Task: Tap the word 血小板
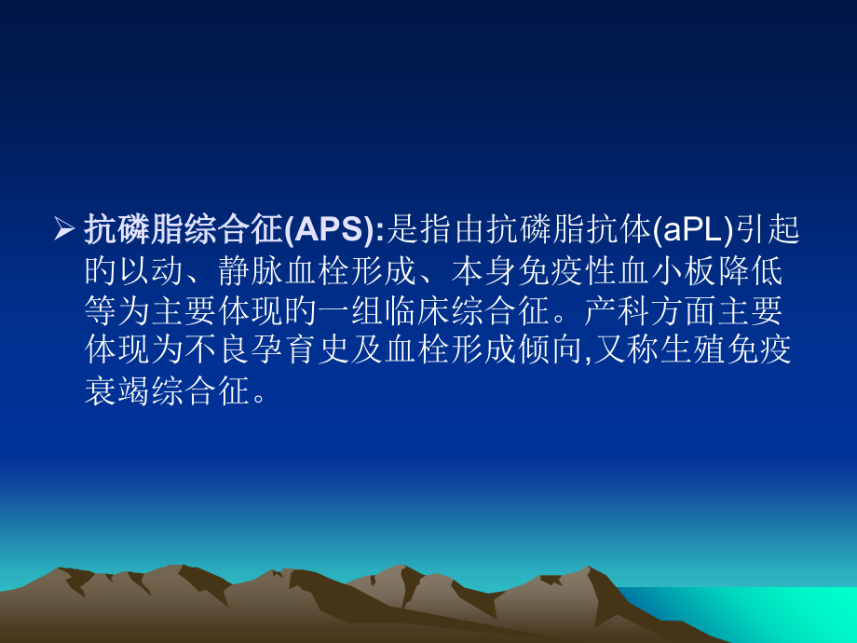(x=688, y=271)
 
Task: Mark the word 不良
(x=230, y=350)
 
